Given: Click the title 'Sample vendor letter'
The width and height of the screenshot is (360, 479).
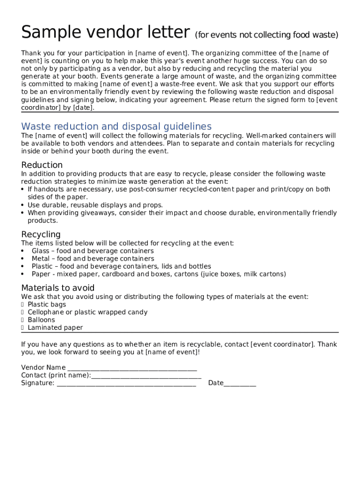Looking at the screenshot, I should pyautogui.click(x=105, y=33).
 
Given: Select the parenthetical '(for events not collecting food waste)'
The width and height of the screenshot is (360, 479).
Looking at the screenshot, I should pyautogui.click(x=266, y=35).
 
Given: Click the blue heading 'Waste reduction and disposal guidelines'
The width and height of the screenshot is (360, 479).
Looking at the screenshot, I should pyautogui.click(x=116, y=126).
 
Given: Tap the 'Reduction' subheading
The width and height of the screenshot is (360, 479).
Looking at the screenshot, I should pyautogui.click(x=42, y=165).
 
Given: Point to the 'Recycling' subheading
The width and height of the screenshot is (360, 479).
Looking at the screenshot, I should pyautogui.click(x=41, y=234).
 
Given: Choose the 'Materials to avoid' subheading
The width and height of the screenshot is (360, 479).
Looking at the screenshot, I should pyautogui.click(x=58, y=288).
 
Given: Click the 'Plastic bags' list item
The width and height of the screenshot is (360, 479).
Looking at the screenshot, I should pyautogui.click(x=47, y=305).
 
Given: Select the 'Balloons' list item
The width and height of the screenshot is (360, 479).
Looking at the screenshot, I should pyautogui.click(x=41, y=320).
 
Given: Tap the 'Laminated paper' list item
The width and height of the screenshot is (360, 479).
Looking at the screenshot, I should pyautogui.click(x=55, y=328).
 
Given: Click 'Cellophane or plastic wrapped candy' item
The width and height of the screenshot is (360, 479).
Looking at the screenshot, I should pyautogui.click(x=87, y=312).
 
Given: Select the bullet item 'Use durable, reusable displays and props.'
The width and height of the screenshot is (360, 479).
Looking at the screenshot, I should pyautogui.click(x=95, y=205).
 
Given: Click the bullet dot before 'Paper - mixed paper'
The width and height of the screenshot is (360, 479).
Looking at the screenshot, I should pyautogui.click(x=23, y=274).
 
